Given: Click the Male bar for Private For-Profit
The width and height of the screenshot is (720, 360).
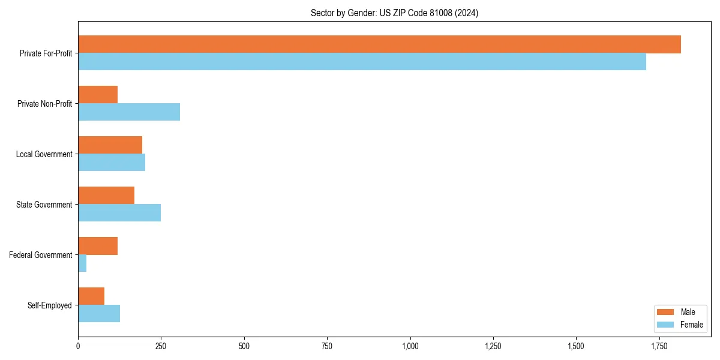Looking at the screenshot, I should coord(379,44).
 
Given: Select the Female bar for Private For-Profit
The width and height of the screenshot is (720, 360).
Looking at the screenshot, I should coord(362,62).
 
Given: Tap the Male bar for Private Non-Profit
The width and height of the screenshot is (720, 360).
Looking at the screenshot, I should coord(98,95).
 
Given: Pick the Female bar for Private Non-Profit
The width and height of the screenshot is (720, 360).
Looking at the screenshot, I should coord(129,112).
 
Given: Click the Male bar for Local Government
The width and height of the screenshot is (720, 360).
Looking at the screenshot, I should coord(110,145).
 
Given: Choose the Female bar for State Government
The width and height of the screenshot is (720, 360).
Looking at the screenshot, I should coord(119,213).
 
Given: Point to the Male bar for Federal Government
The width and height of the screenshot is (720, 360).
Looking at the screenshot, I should coord(98,246).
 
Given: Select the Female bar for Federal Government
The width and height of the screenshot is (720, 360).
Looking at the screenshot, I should coord(82,263).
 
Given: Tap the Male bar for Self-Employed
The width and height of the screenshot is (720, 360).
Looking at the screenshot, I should coord(91,296).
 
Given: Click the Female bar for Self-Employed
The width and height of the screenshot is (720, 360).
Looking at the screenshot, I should coord(99,314).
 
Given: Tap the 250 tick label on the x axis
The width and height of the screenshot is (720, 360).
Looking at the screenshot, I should coord(161,346).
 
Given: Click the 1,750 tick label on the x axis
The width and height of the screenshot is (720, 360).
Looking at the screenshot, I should coord(659,346).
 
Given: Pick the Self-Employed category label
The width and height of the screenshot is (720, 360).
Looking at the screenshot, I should coord(50,305).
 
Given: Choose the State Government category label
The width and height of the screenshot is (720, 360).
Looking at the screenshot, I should coord(44,205).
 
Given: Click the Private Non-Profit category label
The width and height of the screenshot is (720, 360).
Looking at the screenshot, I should coord(44,104).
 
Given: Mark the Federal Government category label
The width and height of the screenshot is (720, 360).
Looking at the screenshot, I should coord(41,255).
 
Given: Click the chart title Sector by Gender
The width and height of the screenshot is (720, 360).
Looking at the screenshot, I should coord(394,13).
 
